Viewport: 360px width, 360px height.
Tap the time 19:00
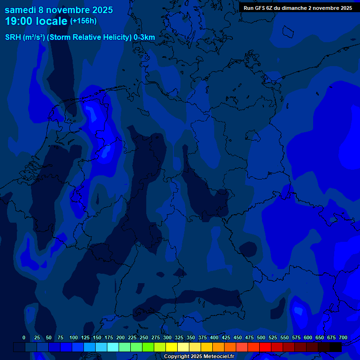click(18, 21)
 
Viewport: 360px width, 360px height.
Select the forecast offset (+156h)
click(83, 21)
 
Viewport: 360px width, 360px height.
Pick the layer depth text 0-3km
click(144, 37)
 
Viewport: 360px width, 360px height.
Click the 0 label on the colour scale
click(24, 338)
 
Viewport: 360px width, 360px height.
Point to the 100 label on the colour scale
click(74, 338)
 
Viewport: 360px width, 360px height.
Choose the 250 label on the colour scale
click(144, 338)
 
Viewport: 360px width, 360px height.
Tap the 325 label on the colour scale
click(179, 338)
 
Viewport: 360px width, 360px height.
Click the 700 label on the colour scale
click(343, 338)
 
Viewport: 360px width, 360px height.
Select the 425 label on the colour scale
click(226, 338)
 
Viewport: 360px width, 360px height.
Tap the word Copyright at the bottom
click(177, 357)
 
